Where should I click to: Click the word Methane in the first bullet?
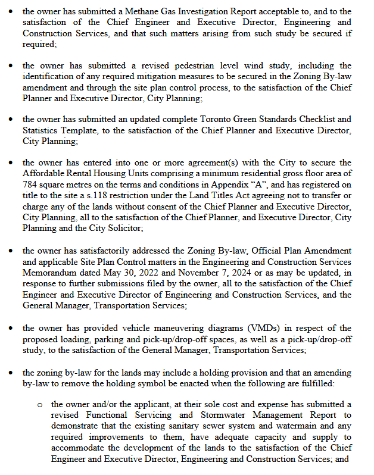point(158,12)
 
